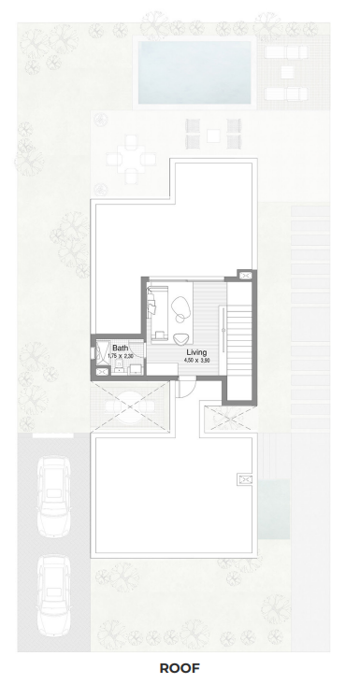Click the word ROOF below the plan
180,668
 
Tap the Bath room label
121,348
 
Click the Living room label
196,352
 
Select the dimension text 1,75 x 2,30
121,356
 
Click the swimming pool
194,72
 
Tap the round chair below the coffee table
180,339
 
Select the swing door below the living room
185,387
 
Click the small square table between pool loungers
287,72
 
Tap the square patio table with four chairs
131,159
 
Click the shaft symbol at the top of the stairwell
245,276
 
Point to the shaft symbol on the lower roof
245,479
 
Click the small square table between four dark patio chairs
213,135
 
